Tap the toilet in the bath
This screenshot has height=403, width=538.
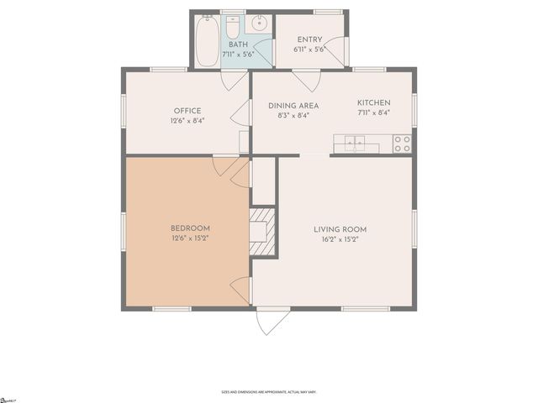[232, 27]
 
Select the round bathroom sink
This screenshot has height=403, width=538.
[261, 24]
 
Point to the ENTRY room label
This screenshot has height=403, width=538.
[310, 39]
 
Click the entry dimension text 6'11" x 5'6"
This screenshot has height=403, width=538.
[310, 50]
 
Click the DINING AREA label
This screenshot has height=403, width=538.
[293, 105]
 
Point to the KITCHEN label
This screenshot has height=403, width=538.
[374, 104]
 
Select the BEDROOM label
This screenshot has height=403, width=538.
[190, 228]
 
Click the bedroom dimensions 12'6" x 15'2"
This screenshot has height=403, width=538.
[190, 238]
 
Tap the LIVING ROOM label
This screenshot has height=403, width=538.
[340, 229]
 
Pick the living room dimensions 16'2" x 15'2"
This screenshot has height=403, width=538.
[340, 239]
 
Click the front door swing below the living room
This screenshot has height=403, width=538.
[272, 321]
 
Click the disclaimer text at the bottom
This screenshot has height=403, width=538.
[268, 391]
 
